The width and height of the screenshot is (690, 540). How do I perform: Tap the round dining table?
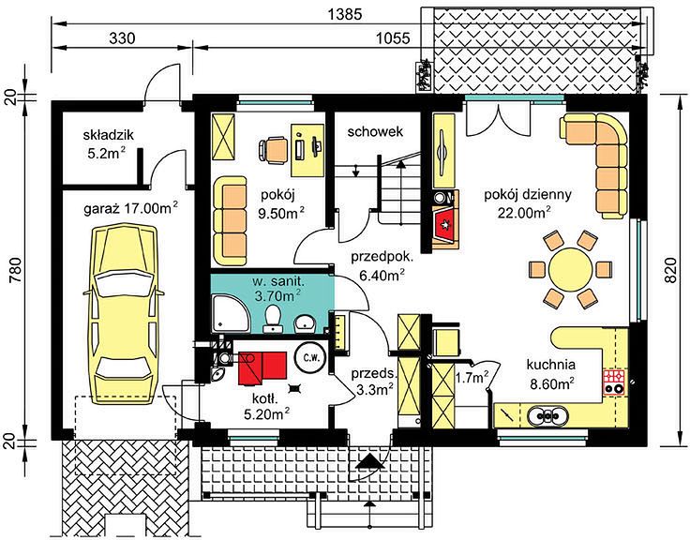coord(570,269)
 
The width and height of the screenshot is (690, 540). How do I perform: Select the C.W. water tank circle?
coord(309,357)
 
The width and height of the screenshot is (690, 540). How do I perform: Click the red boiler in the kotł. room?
coord(262,367)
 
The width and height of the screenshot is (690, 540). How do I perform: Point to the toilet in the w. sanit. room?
coord(273,319)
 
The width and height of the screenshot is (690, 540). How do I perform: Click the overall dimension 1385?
coord(345,14)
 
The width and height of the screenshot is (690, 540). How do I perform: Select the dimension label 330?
coord(122,38)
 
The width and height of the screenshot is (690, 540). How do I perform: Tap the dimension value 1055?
coord(393,38)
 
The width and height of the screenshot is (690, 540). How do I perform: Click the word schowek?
coord(375,131)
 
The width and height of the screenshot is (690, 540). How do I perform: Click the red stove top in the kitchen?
coord(613,382)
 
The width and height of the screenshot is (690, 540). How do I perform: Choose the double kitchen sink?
coord(547,415)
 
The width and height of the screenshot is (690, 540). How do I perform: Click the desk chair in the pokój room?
coord(273,150)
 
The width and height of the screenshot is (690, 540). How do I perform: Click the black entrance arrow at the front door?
coord(368,461)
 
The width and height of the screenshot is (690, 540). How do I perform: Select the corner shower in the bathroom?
coord(230,314)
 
